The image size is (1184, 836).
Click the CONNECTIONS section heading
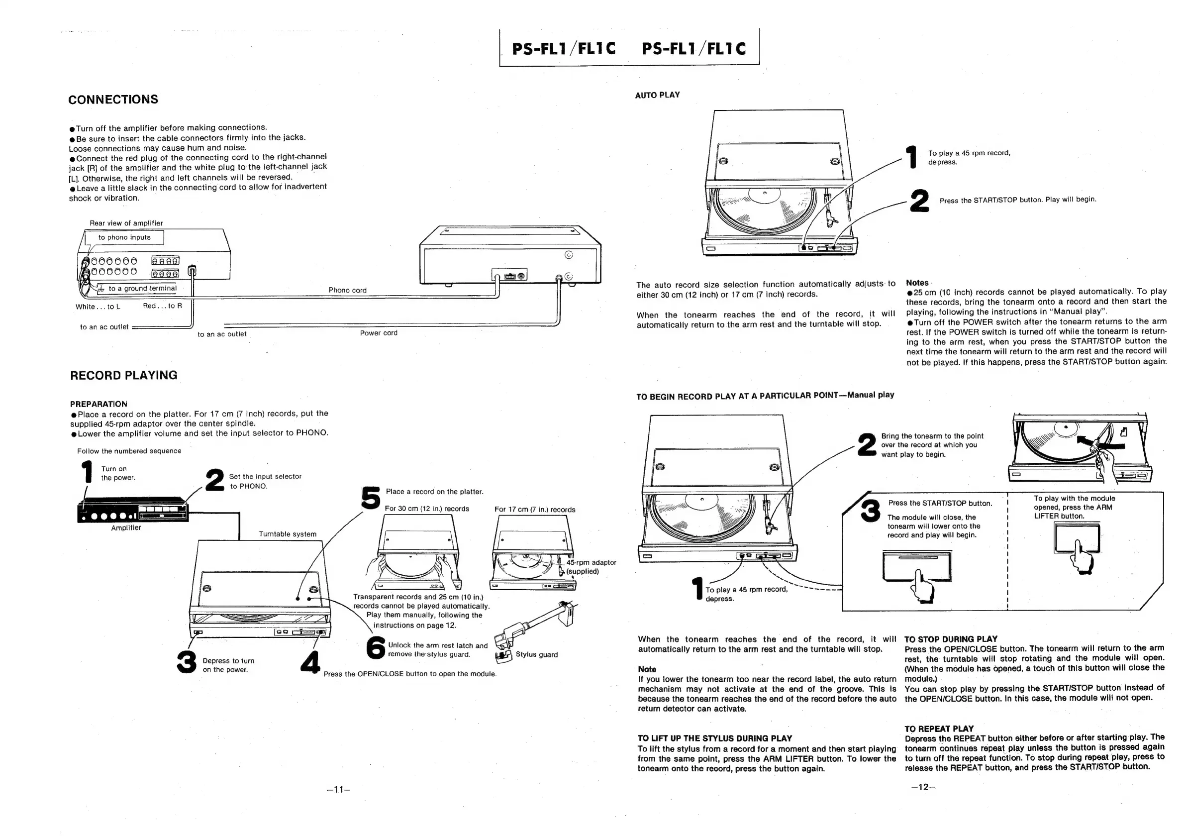coord(113,100)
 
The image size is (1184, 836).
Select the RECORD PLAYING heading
coord(123,375)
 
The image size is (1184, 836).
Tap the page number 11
coord(338,789)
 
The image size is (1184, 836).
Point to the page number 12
coord(922,787)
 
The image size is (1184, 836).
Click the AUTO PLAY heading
coord(657,95)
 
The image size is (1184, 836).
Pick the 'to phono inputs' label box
coord(124,237)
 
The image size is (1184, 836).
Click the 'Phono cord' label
coord(348,290)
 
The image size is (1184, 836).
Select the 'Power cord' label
coord(379,333)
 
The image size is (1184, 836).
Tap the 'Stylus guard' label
coord(536,654)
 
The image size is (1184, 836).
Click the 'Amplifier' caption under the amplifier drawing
coord(126,527)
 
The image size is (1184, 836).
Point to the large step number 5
coord(371,498)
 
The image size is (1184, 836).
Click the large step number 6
coord(376,648)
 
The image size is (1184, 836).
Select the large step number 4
coord(310,662)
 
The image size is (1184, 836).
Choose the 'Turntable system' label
coord(287,534)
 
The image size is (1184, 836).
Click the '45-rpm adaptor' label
coord(591,562)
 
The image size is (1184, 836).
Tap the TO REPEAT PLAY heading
coord(939,729)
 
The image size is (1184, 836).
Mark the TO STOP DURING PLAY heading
coord(950,639)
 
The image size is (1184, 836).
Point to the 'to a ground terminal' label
coord(142,289)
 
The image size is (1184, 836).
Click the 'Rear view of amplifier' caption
coord(126,223)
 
